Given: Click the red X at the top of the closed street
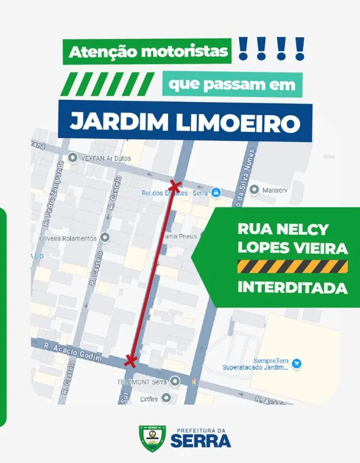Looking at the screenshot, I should tap(174, 185).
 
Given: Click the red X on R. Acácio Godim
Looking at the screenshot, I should tap(131, 360).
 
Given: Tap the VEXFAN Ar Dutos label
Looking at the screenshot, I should tap(105, 158).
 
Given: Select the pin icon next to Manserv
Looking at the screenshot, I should tap(254, 189).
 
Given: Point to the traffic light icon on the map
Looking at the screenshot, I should tap(194, 382).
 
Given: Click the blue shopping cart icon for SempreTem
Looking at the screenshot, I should tap(296, 363).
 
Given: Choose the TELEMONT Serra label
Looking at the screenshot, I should tap(142, 382).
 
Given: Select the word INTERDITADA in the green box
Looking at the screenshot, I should tap(292, 288).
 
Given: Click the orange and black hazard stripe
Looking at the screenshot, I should tap(292, 266).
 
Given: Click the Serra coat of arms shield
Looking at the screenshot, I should tap(152, 438).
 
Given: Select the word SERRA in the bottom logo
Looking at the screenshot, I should tap(201, 441).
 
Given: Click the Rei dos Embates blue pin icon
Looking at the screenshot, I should tap(216, 192).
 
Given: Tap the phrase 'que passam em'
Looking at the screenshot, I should tap(232, 84).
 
